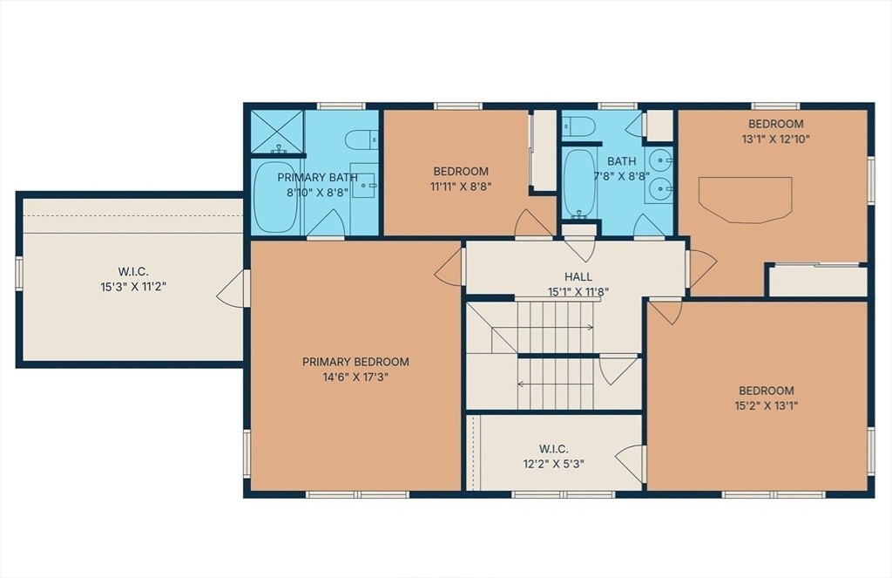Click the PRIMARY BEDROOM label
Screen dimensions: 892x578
click(355, 362)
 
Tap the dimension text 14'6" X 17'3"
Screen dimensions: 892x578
click(355, 377)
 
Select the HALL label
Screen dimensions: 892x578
click(578, 276)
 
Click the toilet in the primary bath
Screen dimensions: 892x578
click(362, 139)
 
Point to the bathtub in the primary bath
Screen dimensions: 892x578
click(274, 197)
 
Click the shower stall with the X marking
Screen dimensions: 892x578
click(277, 132)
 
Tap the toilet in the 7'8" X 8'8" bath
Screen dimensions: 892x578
click(578, 126)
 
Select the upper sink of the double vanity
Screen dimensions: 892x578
click(660, 160)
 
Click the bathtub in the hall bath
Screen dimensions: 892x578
click(579, 182)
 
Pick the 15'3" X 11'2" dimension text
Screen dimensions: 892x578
click(133, 287)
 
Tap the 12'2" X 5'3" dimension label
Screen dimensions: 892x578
click(553, 464)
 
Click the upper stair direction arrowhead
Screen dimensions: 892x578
click(591, 328)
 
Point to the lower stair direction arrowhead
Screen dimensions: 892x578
click(521, 384)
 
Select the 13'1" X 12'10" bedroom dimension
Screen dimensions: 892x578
click(776, 139)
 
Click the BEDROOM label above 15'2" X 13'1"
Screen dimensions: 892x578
click(767, 391)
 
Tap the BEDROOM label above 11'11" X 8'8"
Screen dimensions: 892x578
click(461, 171)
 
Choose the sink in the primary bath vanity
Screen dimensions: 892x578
click(363, 186)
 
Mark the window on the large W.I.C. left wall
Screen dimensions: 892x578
click(19, 275)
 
